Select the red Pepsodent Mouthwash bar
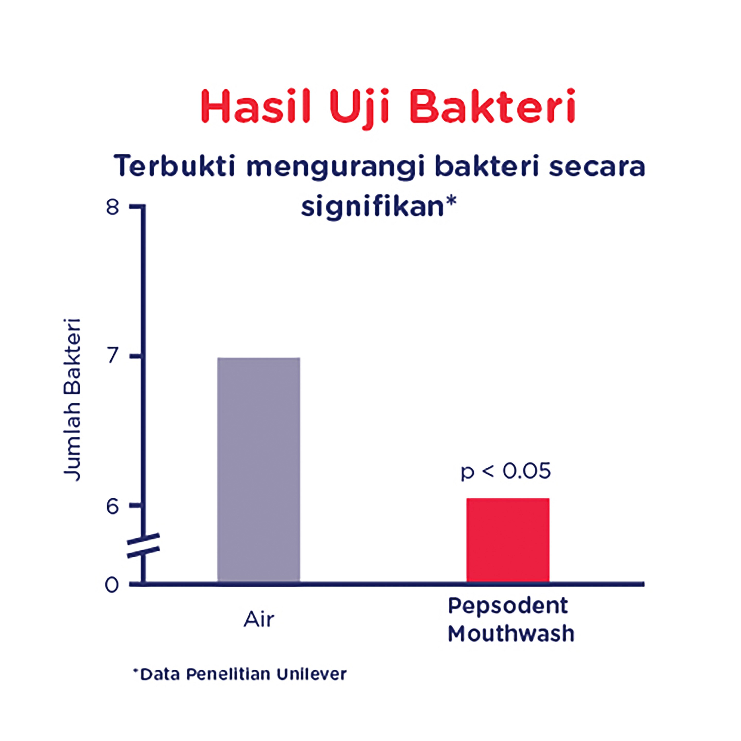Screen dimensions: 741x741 508,540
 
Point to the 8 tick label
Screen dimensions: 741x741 112,208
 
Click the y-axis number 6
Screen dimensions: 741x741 112,507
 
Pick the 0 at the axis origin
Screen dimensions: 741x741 112,585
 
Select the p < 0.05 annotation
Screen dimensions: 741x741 506,471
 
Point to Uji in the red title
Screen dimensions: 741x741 360,109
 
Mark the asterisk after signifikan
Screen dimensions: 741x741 451,201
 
